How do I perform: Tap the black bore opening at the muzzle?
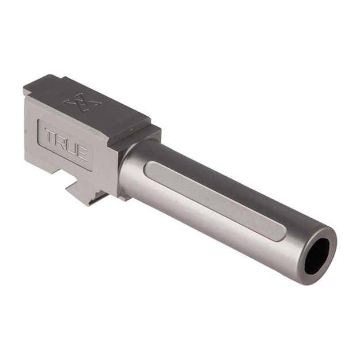[317, 255]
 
